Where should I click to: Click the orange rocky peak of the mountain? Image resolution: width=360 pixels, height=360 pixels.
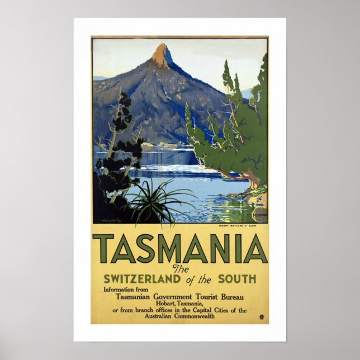[163, 56]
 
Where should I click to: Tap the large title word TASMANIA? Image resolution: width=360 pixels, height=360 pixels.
[180, 248]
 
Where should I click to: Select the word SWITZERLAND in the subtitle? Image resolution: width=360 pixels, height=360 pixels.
[142, 278]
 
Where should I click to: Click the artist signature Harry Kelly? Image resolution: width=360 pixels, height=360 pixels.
[111, 220]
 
